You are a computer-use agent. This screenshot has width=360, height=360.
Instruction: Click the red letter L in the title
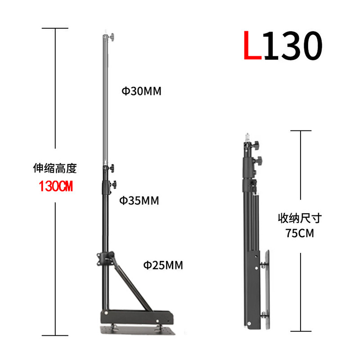(252, 45)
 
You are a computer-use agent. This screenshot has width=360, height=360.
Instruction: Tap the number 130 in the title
(293, 45)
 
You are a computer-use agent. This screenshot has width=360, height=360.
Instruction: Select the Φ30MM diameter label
(141, 91)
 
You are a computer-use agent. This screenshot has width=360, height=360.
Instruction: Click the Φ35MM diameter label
(139, 200)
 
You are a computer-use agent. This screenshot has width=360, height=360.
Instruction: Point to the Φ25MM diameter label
(163, 265)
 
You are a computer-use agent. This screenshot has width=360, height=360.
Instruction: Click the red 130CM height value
(56, 186)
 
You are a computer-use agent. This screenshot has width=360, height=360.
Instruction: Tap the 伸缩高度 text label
(55, 168)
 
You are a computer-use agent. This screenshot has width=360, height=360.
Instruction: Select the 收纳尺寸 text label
(300, 218)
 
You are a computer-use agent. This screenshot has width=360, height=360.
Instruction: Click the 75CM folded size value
(300, 233)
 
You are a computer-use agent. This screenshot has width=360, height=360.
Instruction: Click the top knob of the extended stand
(112, 37)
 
